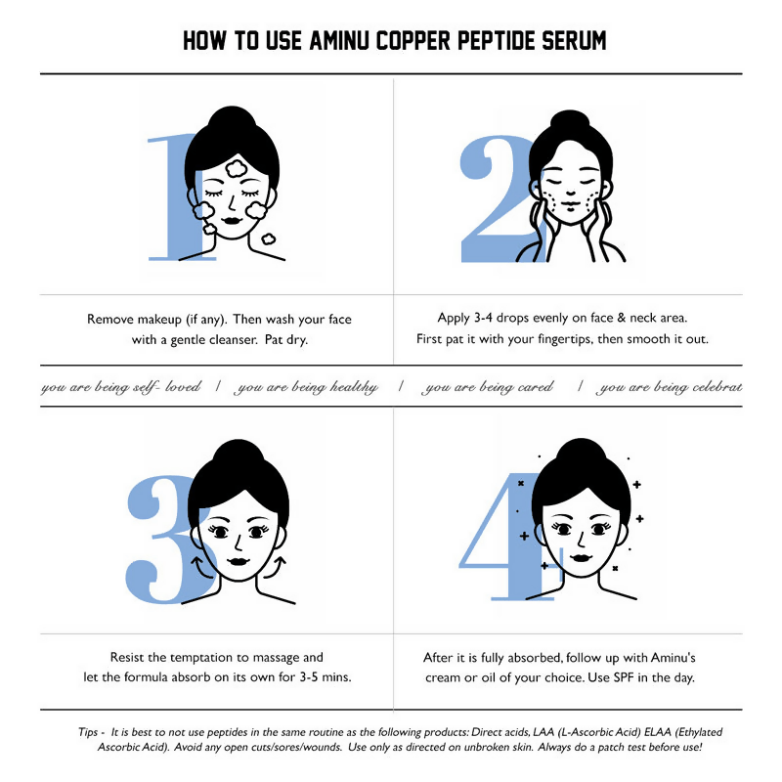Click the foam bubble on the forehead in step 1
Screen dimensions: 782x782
point(236,169)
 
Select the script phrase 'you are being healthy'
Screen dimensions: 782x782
point(307,387)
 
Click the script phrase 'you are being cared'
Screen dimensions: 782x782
point(489,387)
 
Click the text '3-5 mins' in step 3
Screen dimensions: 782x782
point(323,677)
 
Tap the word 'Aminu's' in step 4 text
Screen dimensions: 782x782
point(669,658)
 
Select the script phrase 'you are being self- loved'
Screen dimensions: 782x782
point(120,387)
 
